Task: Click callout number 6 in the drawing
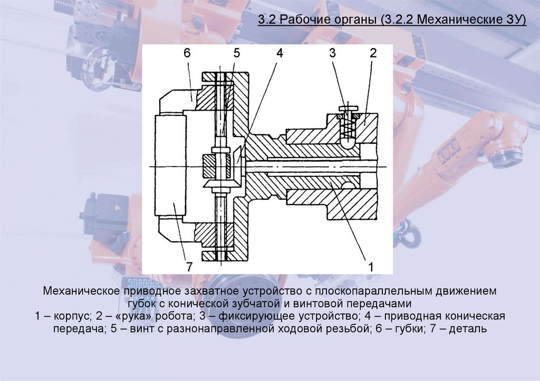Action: tap(187, 53)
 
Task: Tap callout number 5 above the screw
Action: tap(236, 53)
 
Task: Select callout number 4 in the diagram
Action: tap(279, 53)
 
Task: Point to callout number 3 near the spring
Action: tap(332, 53)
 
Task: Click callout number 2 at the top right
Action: tap(372, 53)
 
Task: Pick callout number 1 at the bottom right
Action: tap(371, 267)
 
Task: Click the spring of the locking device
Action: tap(348, 127)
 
